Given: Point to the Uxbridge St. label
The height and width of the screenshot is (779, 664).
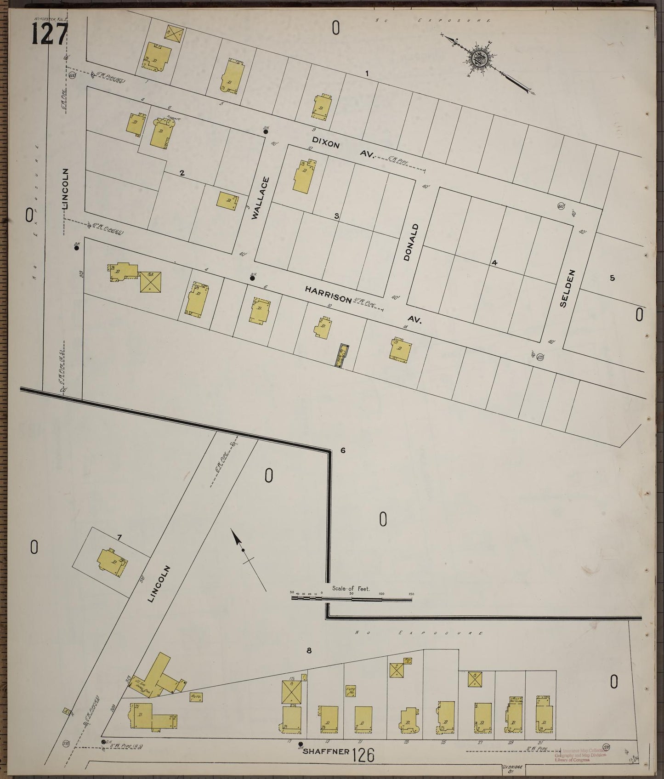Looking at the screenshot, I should click(511, 767).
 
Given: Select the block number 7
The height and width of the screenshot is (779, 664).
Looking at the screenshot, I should click(119, 537).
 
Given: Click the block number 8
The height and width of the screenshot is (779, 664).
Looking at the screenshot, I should click(309, 650).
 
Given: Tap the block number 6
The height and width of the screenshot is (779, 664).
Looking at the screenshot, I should click(342, 450).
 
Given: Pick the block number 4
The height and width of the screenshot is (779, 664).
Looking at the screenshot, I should click(494, 263).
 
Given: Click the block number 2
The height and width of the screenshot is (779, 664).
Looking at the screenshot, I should click(182, 173).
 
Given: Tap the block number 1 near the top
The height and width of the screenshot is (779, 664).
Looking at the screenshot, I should click(367, 73).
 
